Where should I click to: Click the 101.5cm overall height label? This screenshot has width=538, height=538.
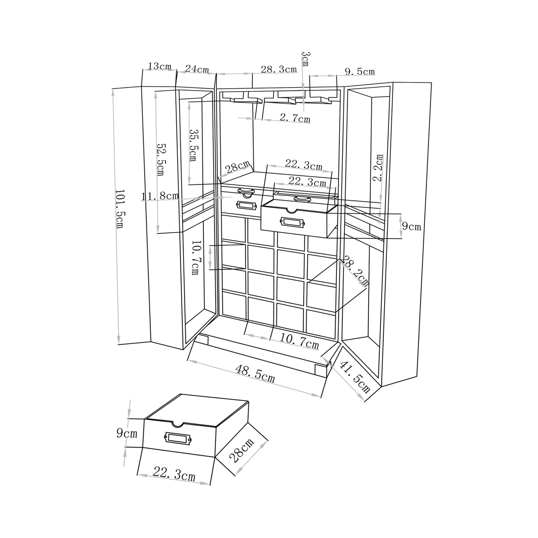click(120, 208)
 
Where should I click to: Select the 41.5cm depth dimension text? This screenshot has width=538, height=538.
click(355, 377)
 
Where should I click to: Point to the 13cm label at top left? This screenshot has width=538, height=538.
click(159, 66)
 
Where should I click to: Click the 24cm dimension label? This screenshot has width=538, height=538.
click(197, 69)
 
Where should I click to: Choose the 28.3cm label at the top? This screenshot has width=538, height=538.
click(279, 69)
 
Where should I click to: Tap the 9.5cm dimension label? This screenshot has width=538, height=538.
click(359, 71)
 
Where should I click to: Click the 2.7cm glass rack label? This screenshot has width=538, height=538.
click(295, 118)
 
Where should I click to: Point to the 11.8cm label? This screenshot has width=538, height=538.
click(160, 196)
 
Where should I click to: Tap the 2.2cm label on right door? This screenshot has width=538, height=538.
click(379, 168)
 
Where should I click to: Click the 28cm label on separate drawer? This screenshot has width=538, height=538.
click(241, 451)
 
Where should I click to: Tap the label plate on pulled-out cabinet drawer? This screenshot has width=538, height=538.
click(293, 222)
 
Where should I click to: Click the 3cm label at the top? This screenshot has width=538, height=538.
click(306, 59)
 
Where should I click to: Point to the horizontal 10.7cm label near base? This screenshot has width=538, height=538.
click(299, 342)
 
